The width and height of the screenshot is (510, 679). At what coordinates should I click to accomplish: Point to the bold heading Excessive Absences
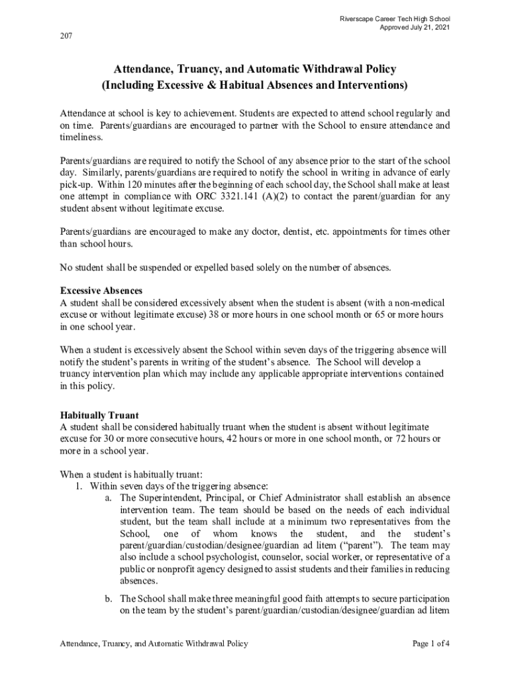coord(101,291)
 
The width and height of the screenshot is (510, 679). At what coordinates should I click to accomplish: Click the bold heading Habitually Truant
coord(99,416)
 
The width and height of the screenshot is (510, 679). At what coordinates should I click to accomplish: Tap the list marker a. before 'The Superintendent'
coord(108,498)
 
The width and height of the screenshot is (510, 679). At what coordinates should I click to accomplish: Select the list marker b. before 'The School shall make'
coord(108,599)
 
